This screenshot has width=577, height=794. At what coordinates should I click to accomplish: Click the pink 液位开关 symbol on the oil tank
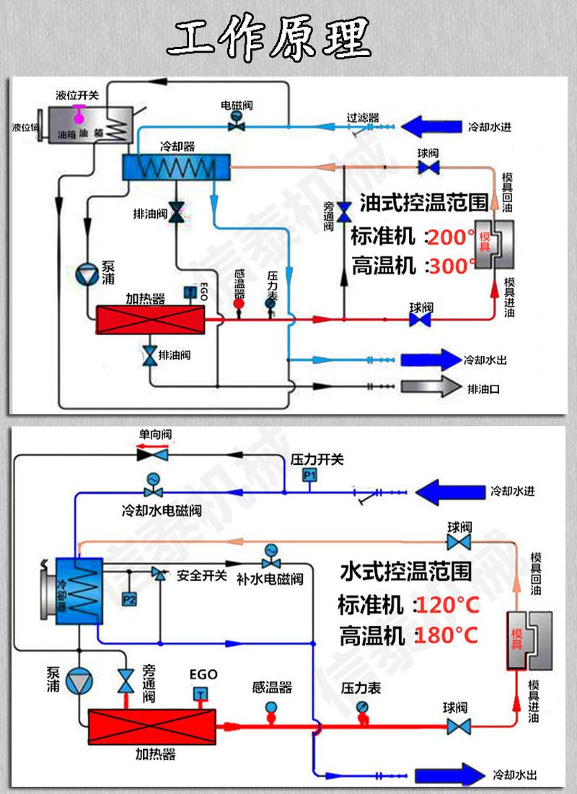pyautogui.click(x=78, y=110)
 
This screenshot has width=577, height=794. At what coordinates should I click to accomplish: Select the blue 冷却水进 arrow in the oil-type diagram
pyautogui.click(x=431, y=127)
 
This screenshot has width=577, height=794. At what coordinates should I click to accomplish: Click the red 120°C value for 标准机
pyautogui.click(x=447, y=604)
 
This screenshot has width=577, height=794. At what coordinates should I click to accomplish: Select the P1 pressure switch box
pyautogui.click(x=309, y=475)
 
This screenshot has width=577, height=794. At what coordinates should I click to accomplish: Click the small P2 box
pyautogui.click(x=129, y=598)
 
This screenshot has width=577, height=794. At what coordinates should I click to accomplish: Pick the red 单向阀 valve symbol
pyautogui.click(x=152, y=455)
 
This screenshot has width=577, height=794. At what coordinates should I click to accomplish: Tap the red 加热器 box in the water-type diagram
pyautogui.click(x=152, y=726)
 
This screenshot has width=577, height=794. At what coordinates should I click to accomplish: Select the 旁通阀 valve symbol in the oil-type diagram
pyautogui.click(x=345, y=209)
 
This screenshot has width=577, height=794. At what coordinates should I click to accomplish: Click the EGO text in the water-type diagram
pyautogui.click(x=203, y=674)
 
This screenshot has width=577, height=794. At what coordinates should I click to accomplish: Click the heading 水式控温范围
pyautogui.click(x=405, y=572)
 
